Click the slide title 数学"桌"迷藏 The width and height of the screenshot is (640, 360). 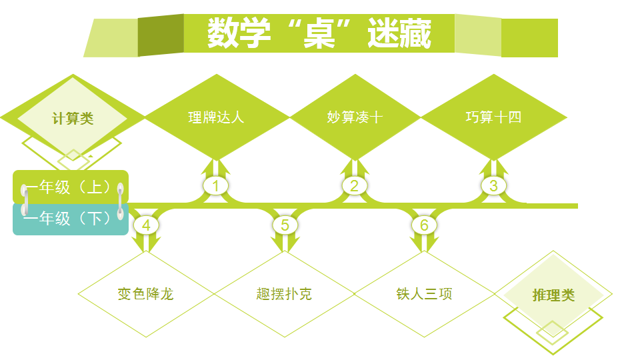[x=319, y=33]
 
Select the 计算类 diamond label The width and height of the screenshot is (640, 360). [x=73, y=119]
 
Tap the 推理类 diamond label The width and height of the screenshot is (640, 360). [x=553, y=295]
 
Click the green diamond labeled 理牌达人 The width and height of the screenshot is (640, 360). [x=216, y=117]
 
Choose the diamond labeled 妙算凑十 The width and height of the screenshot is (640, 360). [x=355, y=117]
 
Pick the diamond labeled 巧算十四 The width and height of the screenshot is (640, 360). [x=493, y=117]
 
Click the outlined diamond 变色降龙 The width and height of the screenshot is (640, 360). [x=146, y=294]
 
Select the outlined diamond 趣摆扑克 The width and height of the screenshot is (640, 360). [x=284, y=294]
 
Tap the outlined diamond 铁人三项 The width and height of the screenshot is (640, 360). [x=424, y=294]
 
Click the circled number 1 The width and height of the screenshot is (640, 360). [x=216, y=185]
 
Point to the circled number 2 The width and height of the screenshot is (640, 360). [x=355, y=185]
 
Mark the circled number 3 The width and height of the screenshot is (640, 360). [x=493, y=185]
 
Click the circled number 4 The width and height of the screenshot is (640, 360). [x=146, y=225]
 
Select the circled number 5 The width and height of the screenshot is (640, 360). [x=285, y=225]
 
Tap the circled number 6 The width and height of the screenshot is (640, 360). [x=424, y=225]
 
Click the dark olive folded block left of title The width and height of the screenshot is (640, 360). [x=161, y=35]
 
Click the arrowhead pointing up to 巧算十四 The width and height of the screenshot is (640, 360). [x=493, y=165]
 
